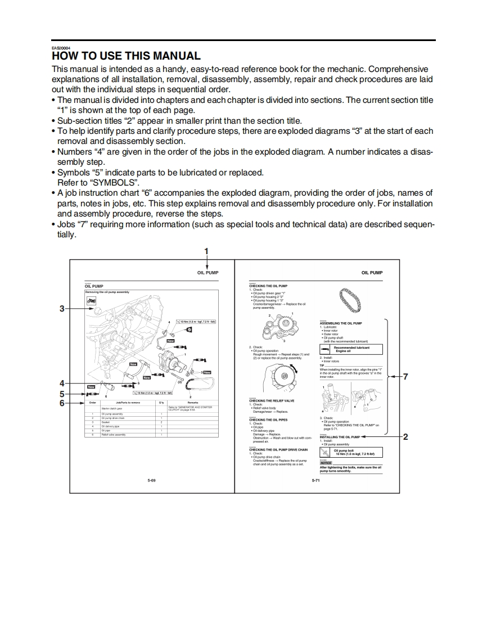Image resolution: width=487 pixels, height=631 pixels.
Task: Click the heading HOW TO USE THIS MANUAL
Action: tap(126, 56)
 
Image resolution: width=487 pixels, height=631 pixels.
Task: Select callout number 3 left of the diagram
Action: tap(62, 308)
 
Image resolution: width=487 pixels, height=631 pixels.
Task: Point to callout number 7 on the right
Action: tap(405, 377)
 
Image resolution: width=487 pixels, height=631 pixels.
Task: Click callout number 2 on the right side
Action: tap(405, 436)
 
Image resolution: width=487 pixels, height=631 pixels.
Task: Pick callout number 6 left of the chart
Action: tap(62, 403)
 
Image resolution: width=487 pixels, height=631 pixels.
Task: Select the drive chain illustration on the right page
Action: tap(351, 303)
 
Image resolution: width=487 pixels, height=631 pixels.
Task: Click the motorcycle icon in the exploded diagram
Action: tap(91, 300)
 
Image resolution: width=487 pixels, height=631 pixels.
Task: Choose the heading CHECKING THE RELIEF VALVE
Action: tap(272, 401)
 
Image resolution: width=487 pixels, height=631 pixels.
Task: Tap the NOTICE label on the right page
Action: tap(326, 463)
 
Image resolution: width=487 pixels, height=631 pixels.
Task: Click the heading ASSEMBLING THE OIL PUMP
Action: tap(341, 323)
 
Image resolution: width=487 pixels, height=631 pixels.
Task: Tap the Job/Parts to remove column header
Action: tap(128, 403)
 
